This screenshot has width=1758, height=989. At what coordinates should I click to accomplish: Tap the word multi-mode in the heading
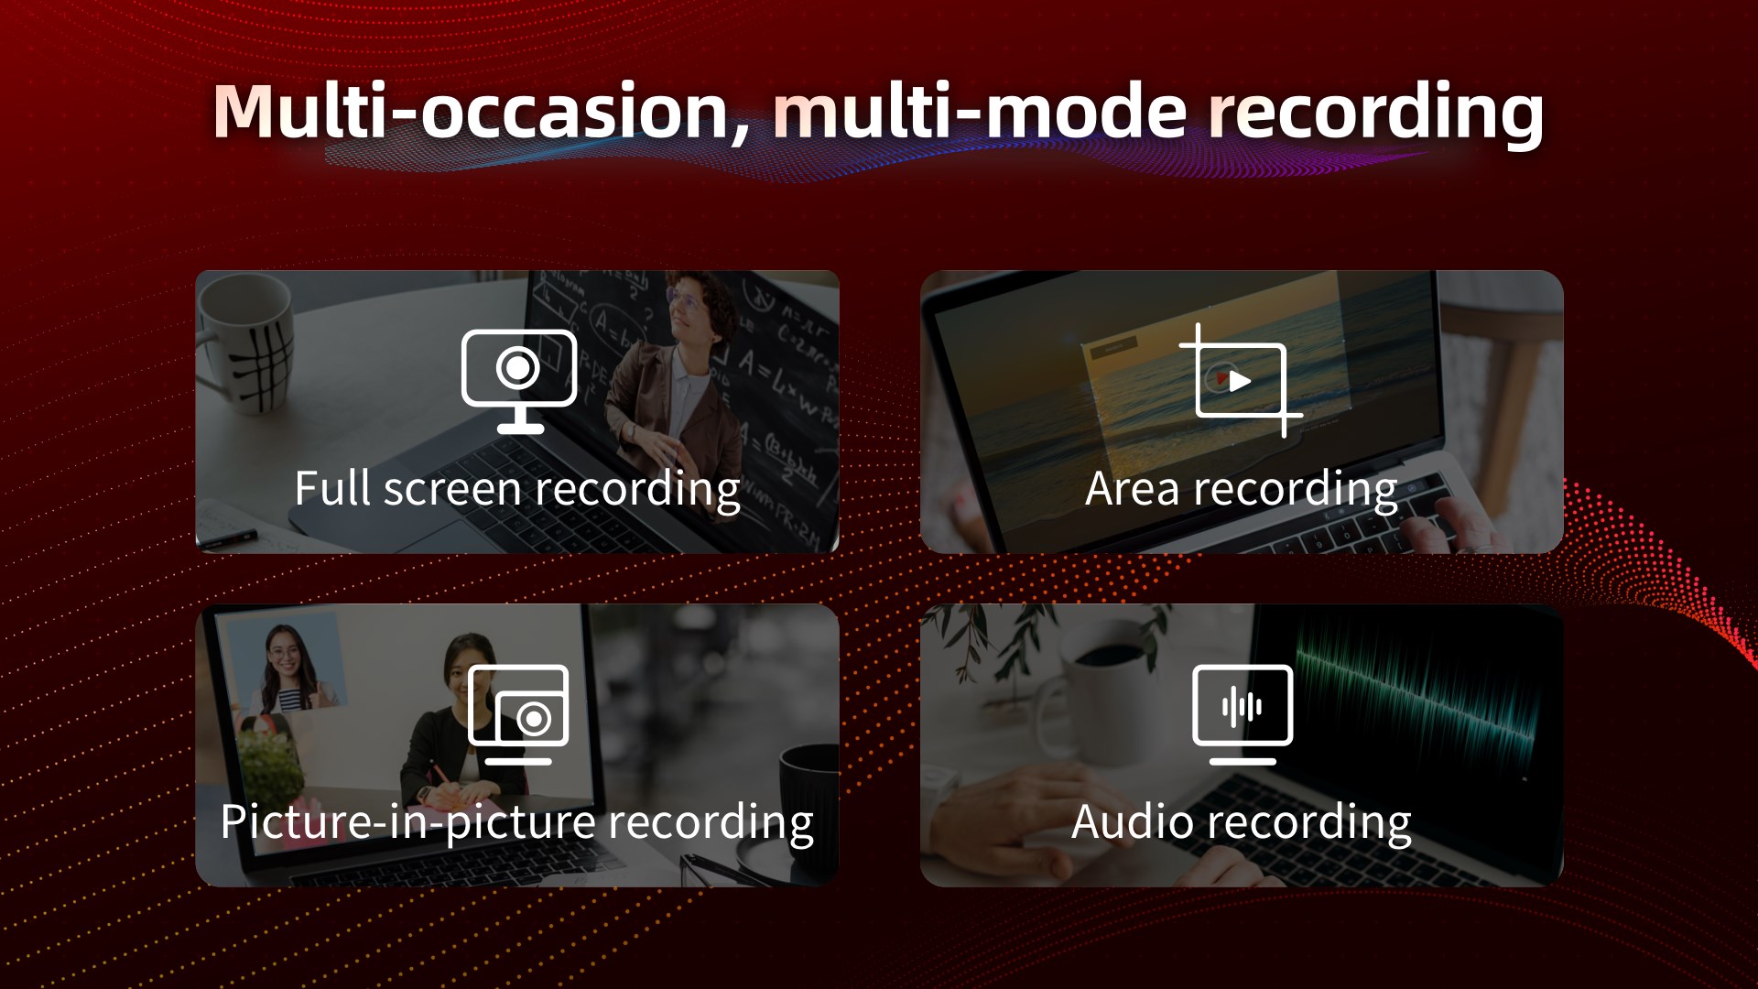(981, 112)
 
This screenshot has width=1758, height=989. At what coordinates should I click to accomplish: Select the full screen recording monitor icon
(519, 380)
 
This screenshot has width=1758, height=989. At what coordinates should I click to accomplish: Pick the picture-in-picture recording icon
(518, 714)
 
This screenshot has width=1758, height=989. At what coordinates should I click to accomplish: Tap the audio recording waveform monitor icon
(1243, 714)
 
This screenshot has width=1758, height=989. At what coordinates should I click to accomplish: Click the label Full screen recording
(517, 489)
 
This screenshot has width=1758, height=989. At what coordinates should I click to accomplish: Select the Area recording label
(1241, 489)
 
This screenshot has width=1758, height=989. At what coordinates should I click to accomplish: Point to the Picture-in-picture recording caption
(517, 821)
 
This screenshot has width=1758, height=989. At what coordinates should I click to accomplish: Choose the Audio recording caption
(1241, 821)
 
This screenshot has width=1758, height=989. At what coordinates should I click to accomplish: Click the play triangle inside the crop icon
(1240, 380)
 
